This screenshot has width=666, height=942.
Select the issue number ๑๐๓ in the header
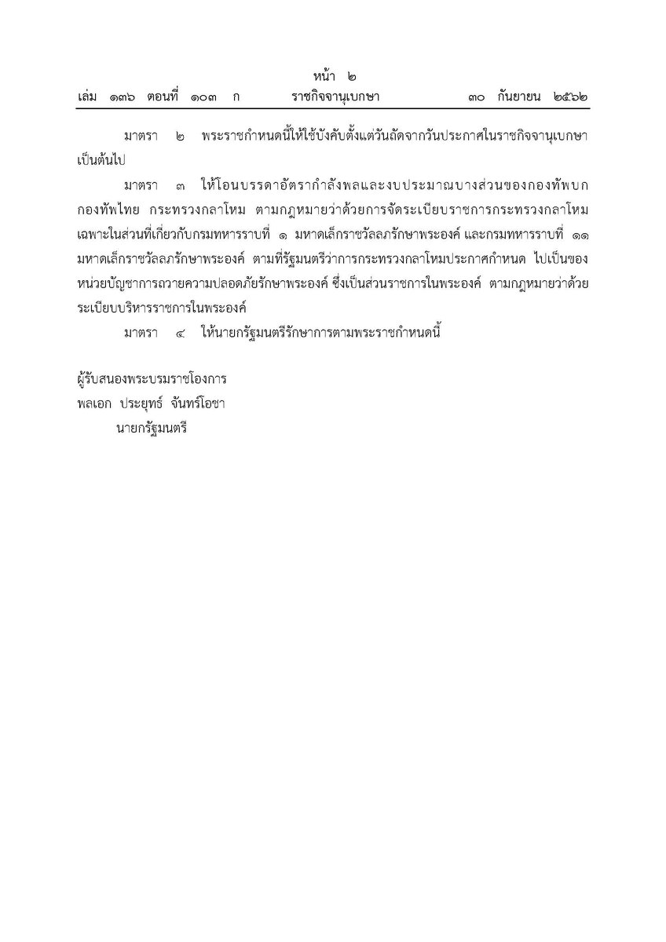point(203,97)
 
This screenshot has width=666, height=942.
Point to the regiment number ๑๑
point(577,235)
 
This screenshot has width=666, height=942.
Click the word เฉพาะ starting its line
point(85,235)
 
